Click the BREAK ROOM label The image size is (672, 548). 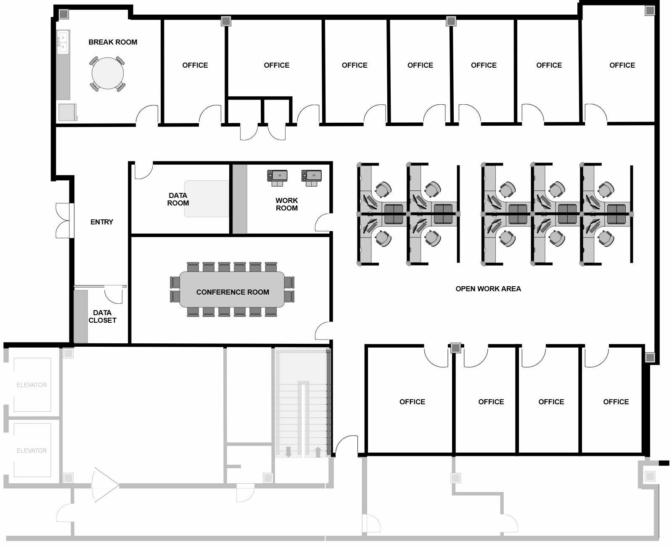pos(113,42)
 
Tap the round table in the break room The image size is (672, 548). pos(108,73)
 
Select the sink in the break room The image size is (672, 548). pos(63,42)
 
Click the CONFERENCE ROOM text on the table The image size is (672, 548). pos(233,292)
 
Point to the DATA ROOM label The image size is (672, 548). pos(178,199)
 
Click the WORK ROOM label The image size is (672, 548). pos(287,204)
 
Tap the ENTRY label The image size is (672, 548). pos(102,222)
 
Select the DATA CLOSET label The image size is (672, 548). pos(102,316)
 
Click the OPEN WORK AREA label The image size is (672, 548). pos(488,289)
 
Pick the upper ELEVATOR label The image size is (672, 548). pos(32,385)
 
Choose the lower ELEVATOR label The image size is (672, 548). pos(32,451)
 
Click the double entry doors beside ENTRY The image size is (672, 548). pos(64,221)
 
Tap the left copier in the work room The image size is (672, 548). pos(277,177)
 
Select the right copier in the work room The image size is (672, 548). pos(312,177)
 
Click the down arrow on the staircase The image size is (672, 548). pos(288,452)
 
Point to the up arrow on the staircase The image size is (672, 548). pos(318,452)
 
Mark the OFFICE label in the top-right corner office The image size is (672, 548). pos(622,65)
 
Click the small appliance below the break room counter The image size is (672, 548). pos(67,112)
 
